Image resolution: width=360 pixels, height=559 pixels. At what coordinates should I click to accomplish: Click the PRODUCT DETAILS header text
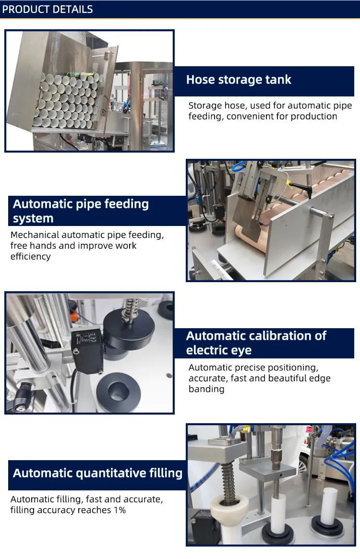[48, 9]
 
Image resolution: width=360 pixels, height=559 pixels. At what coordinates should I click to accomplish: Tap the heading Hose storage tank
[239, 80]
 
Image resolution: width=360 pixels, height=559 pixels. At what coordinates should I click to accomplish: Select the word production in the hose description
[313, 116]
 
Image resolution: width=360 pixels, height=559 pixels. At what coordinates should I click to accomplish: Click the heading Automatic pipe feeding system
[81, 211]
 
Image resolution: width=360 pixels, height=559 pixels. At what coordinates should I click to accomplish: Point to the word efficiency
[30, 256]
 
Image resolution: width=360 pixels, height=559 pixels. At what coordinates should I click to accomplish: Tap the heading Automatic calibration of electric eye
[256, 343]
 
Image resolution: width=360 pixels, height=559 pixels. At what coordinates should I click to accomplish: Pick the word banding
[206, 389]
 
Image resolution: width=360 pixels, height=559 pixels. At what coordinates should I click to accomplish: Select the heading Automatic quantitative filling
[97, 473]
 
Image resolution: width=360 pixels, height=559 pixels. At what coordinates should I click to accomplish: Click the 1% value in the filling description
[120, 510]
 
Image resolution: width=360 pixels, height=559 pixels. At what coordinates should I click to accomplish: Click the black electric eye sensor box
[87, 351]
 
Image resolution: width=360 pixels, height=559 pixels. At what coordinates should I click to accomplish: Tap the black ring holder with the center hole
[119, 392]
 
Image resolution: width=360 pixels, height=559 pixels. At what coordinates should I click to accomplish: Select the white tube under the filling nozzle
[277, 514]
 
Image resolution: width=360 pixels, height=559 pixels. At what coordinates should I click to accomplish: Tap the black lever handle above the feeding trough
[303, 189]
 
